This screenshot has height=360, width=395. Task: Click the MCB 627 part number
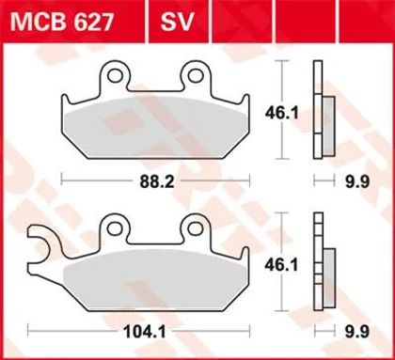pos(61,22)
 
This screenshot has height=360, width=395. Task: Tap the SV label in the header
pos(177,22)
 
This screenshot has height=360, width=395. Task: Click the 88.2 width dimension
pos(157,181)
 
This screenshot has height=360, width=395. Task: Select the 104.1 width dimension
pos(145,332)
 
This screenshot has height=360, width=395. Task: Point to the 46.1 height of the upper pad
pos(282,113)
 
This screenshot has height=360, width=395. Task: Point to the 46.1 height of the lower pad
pos(281,265)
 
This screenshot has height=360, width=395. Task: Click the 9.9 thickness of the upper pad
pos(357,181)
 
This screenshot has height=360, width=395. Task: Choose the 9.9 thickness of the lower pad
pos(357,332)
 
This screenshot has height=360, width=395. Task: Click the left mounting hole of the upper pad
pos(114,75)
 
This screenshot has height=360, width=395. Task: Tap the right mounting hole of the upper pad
pos(196,75)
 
